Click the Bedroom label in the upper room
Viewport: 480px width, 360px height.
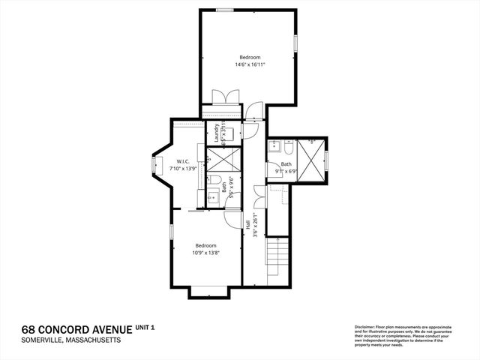pyautogui.click(x=250, y=58)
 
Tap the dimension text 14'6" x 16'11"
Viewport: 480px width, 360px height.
pyautogui.click(x=250, y=65)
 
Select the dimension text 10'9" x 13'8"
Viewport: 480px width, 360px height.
pyautogui.click(x=206, y=253)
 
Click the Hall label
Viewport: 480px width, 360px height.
pyautogui.click(x=247, y=224)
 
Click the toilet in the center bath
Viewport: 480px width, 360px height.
pyautogui.click(x=214, y=181)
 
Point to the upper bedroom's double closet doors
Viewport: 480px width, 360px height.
pyautogui.click(x=225, y=97)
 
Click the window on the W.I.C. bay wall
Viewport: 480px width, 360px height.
pyautogui.click(x=155, y=166)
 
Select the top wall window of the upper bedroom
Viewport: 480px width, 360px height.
pyautogui.click(x=224, y=10)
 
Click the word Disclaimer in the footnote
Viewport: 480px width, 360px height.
pyautogui.click(x=365, y=327)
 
